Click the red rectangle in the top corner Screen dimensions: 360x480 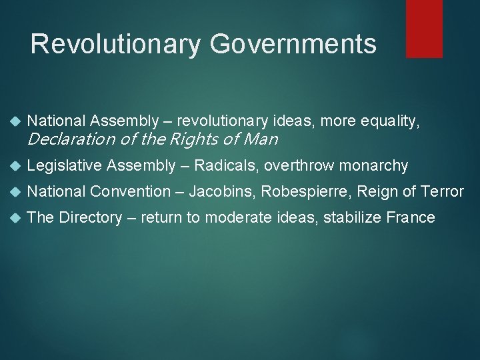pos(424,28)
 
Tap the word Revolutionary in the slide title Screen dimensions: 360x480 pos(115,45)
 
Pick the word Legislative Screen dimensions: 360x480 pos(64,166)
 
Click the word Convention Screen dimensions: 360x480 pos(131,192)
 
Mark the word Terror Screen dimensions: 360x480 pos(443,192)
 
